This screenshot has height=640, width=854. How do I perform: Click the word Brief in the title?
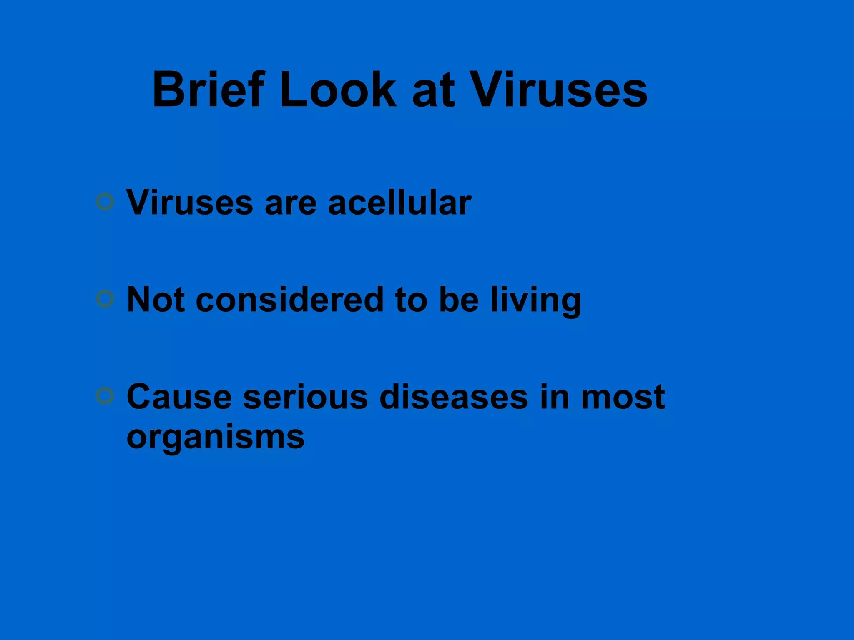pos(208,89)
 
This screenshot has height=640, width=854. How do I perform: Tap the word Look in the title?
pos(338,89)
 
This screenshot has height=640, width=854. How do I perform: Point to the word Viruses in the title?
pos(559,89)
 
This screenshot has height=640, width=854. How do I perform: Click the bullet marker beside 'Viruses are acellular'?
pos(105,202)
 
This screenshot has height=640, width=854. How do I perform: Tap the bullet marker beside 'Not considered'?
pos(105,299)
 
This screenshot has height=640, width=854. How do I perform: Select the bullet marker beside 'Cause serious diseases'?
pos(105,395)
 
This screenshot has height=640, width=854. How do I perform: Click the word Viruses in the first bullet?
pos(190,202)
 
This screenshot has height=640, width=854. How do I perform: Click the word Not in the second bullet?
pos(156,299)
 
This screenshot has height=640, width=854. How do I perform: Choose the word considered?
pos(289,299)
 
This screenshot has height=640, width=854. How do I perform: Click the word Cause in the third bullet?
pos(179,396)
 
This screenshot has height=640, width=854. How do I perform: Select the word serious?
pos(305,396)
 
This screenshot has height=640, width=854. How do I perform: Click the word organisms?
pos(215,437)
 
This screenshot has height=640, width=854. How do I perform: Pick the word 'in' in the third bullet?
pos(555,396)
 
